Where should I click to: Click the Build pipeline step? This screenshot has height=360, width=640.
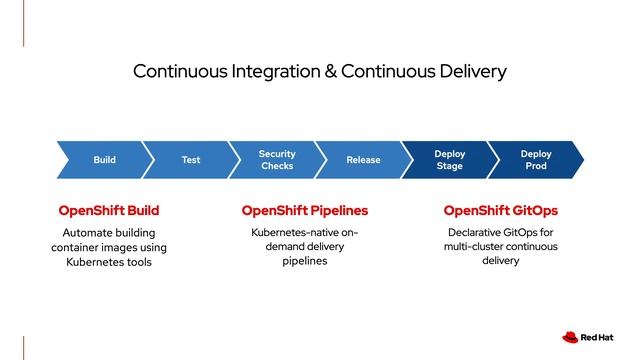tap(104, 160)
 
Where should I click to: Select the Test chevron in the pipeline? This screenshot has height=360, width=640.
tap(190, 160)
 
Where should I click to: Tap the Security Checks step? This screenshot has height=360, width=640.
tap(277, 160)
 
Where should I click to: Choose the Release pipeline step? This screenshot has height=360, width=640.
tap(363, 160)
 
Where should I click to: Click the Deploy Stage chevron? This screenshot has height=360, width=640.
tap(449, 160)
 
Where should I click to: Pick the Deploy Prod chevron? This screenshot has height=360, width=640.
tap(536, 160)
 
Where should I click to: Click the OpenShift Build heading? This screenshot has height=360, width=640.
tap(109, 211)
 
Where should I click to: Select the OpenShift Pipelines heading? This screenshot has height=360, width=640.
tap(305, 211)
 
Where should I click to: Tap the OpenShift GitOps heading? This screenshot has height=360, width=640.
tap(500, 211)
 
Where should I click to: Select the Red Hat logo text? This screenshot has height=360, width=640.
tap(602, 338)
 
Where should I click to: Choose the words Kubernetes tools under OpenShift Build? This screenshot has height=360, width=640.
tap(109, 262)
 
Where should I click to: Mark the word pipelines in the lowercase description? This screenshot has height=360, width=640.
tap(305, 261)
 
